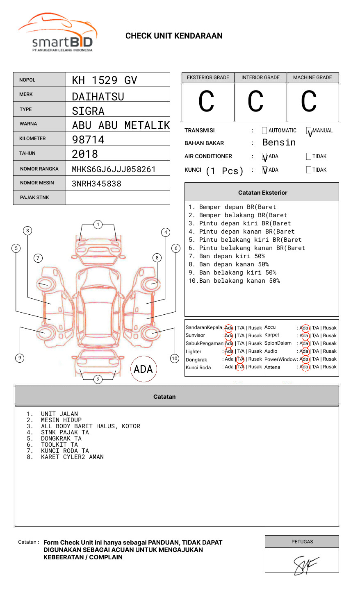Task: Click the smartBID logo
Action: pyautogui.click(x=57, y=33)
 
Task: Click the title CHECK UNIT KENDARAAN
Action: pyautogui.click(x=174, y=36)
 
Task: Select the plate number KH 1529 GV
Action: pyautogui.click(x=105, y=80)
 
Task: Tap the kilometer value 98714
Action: pyautogui.click(x=88, y=140)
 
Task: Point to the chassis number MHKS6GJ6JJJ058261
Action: pyautogui.click(x=114, y=169)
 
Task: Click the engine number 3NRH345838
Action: pyautogui.click(x=96, y=184)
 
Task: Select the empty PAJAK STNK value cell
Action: pyautogui.click(x=118, y=198)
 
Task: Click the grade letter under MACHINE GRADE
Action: pyautogui.click(x=309, y=102)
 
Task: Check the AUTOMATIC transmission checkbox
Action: pyautogui.click(x=264, y=131)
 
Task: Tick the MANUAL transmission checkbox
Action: pyautogui.click(x=309, y=131)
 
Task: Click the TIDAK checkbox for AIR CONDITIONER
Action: pyautogui.click(x=309, y=157)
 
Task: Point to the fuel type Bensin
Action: pyautogui.click(x=279, y=143)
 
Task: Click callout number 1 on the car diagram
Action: pyautogui.click(x=98, y=225)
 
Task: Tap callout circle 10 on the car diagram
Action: pyautogui.click(x=175, y=359)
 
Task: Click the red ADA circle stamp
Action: pyautogui.click(x=143, y=369)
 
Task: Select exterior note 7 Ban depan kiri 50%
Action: pyautogui.click(x=227, y=256)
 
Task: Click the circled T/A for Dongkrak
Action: pyautogui.click(x=240, y=359)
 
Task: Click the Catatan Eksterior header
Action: pyautogui.click(x=262, y=193)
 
